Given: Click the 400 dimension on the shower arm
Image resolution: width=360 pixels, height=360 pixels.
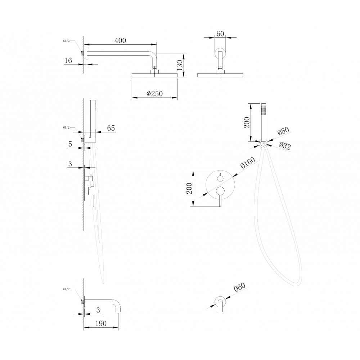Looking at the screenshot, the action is coord(121,41).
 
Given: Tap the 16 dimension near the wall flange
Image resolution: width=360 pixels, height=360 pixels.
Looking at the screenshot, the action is coord(68,60).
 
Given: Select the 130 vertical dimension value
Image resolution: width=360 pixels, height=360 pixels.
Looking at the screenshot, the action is coord(180,65).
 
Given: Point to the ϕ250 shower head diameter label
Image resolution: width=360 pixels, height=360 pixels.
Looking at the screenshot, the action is coord(154,94).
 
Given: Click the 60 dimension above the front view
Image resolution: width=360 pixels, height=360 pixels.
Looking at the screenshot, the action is coord(220,34).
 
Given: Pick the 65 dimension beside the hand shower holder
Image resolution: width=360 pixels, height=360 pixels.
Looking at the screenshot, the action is coord(111,128).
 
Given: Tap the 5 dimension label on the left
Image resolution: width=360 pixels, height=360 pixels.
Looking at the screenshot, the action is coord(70,144).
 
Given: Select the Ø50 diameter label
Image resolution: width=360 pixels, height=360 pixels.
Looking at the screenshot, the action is coord(283,131).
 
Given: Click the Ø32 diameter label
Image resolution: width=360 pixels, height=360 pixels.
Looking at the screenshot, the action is coord(285,145).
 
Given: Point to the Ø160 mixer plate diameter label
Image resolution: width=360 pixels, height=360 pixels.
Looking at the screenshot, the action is coord(248,163).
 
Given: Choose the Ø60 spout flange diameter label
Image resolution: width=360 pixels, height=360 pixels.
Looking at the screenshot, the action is coord(239,287).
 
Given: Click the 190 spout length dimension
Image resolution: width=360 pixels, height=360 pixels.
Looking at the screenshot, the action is coord(101,323).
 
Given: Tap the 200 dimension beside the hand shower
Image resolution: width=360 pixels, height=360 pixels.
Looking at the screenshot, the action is coord(247,123).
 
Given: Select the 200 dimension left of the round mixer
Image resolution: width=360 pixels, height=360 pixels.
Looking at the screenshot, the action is coord(189,188).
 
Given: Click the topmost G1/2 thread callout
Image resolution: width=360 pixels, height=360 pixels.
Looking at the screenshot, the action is coord(66,41).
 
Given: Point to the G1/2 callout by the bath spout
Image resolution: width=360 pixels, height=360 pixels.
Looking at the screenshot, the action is coord(66,289).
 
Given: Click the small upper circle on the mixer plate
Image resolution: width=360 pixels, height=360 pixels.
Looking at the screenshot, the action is coord(220,178).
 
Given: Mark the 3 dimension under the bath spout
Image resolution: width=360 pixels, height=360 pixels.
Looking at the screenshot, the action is coord(98,310).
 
